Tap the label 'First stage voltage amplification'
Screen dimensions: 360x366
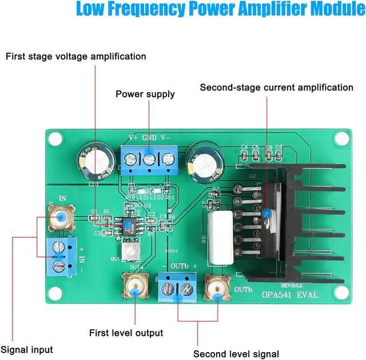click(76, 57)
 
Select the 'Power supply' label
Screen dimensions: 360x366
click(145, 94)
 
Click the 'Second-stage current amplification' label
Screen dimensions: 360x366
click(276, 87)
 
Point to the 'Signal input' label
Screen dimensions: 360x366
click(27, 350)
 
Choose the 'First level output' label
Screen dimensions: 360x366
click(126, 333)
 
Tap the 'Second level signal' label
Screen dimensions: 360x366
click(236, 354)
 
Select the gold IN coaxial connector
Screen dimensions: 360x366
click(58, 217)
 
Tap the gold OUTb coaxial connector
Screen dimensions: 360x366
click(217, 290)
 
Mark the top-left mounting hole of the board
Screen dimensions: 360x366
click(55, 138)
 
